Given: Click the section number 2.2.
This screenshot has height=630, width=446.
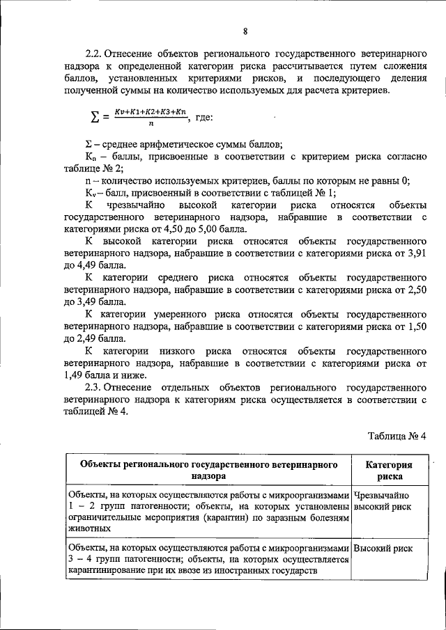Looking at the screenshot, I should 95,54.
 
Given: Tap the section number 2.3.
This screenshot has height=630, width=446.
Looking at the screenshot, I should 95,386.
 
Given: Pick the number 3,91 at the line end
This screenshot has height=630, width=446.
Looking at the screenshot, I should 417,253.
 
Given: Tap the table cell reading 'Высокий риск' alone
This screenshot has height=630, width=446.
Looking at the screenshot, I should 383,549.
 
